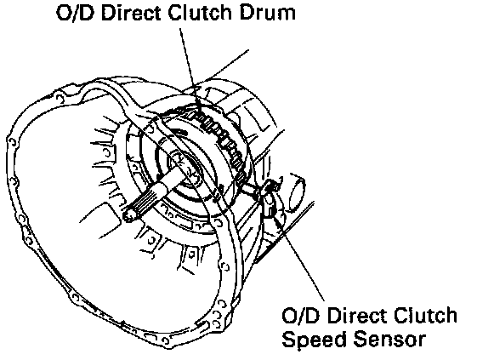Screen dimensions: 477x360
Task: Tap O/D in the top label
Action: click(75, 13)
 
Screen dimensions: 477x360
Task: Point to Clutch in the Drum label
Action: click(201, 13)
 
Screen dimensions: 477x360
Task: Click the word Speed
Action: click(315, 340)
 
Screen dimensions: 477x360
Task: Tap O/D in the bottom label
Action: click(301, 315)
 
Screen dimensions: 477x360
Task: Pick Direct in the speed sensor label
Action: click(357, 315)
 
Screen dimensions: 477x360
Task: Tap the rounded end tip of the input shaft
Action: click(129, 214)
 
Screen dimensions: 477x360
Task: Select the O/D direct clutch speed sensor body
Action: click(270, 199)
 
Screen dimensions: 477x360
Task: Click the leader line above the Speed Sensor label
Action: click(299, 258)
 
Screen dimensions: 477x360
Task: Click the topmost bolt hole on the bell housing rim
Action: click(60, 99)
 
